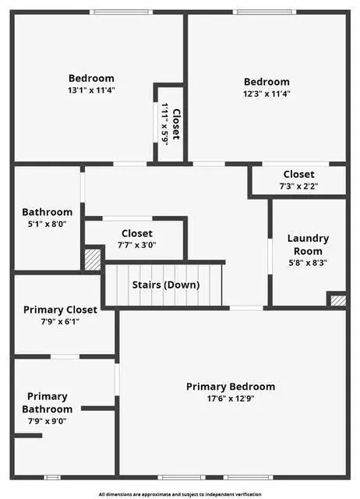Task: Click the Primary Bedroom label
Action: (231, 387)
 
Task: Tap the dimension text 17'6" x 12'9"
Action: (231, 398)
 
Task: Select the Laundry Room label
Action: (308, 245)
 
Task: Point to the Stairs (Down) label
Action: (166, 285)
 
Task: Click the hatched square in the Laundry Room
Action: (338, 301)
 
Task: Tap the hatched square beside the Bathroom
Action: (93, 260)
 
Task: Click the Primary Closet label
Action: (60, 310)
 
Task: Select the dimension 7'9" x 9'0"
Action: (47, 421)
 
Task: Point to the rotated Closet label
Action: (176, 125)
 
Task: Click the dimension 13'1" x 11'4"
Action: (91, 90)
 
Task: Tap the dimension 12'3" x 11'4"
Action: (266, 94)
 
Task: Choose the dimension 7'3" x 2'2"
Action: (298, 186)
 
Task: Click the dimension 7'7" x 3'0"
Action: (136, 245)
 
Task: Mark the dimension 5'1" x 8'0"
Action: (47, 224)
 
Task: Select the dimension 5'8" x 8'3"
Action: (308, 263)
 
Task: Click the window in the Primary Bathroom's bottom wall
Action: (52, 477)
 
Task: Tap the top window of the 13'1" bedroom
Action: (121, 12)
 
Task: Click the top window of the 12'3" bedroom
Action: (264, 12)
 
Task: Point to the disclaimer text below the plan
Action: (180, 494)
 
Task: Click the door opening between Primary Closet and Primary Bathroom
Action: (65, 357)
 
